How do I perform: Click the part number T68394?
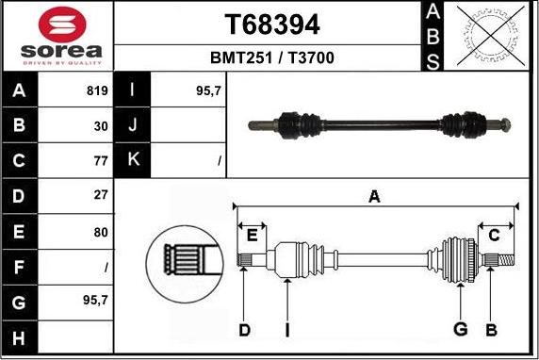pos(271,24)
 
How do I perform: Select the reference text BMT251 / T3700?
pos(271,58)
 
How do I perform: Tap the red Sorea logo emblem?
pos(57,23)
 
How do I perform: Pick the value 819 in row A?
pos(97,92)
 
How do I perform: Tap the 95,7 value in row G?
pos(94,300)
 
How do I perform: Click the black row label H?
pos(20,335)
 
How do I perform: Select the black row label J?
pos(133,125)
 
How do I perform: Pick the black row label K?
pos(133,160)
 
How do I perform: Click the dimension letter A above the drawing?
pos(374,196)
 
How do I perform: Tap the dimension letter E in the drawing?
pos(251,233)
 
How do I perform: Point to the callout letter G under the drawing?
pos(460,329)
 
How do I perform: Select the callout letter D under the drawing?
pos(244,329)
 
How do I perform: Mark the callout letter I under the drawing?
pos(287,329)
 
